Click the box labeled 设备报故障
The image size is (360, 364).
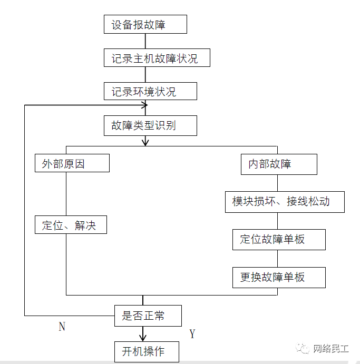click(145, 25)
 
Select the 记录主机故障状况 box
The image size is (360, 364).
click(157, 58)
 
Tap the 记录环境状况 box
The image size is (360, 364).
click(150, 92)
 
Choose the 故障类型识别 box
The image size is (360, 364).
click(150, 126)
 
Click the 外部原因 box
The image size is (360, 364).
click(72, 163)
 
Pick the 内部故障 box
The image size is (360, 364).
click(279, 164)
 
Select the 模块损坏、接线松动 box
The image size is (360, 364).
click(285, 202)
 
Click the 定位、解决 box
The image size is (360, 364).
click(71, 225)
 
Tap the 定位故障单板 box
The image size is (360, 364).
click(279, 239)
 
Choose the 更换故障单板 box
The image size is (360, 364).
click(279, 277)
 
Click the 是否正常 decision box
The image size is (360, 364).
click(148, 316)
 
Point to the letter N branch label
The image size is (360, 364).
click(62, 327)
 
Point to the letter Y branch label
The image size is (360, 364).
click(192, 334)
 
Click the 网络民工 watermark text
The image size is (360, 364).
click(330, 349)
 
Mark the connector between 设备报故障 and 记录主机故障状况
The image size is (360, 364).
click(145, 41)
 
